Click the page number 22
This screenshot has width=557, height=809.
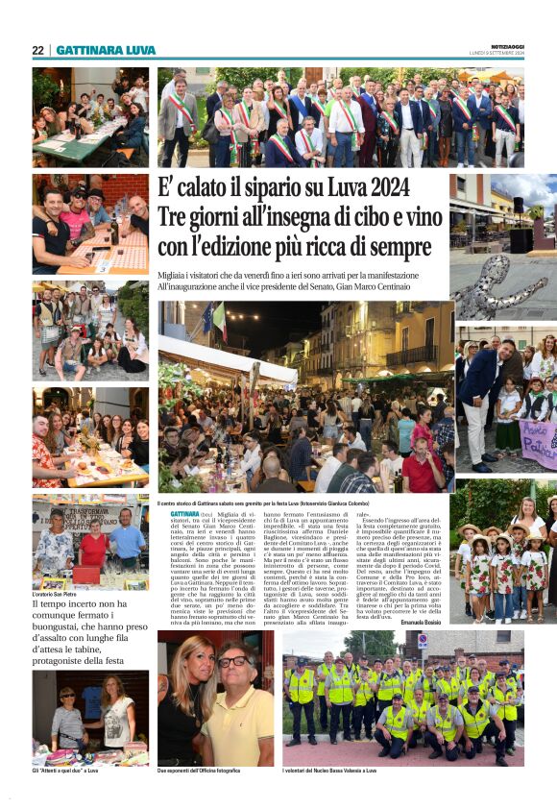coord(37,50)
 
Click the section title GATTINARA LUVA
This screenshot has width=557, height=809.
coord(106,50)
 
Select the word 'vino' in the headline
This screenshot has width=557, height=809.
coord(418,217)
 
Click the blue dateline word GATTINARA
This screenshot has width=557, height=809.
coord(173,515)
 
